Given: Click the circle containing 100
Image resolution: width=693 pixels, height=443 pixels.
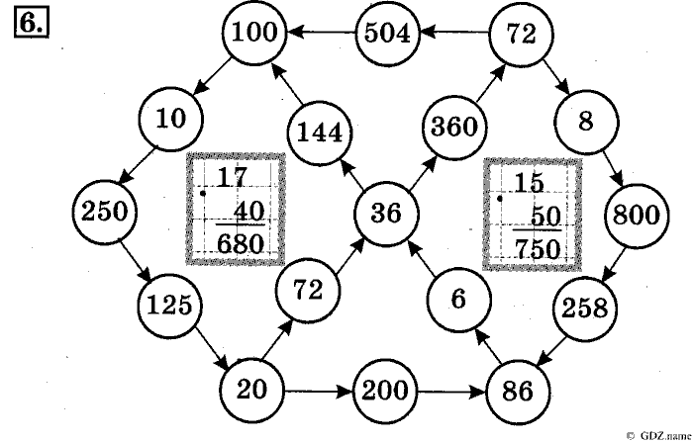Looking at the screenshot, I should pos(255,35).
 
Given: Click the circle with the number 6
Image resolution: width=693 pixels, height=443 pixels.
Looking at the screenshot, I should pos(456,298).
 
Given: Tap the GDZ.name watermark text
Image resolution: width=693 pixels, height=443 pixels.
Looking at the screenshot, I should pos(658,433).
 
